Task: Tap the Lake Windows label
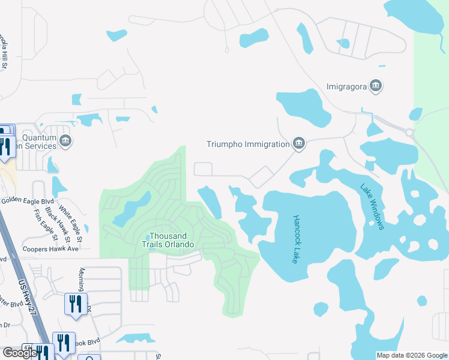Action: [372, 206]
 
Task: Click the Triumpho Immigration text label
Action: [248, 144]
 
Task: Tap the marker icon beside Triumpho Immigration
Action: [298, 143]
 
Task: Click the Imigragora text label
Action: [346, 86]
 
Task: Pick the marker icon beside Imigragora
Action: [376, 86]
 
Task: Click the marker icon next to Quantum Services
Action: [66, 142]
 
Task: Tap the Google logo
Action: [20, 353]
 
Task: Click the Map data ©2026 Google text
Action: [411, 355]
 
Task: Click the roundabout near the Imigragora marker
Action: [409, 132]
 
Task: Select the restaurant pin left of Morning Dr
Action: [76, 304]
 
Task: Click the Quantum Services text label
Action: [33, 142]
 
